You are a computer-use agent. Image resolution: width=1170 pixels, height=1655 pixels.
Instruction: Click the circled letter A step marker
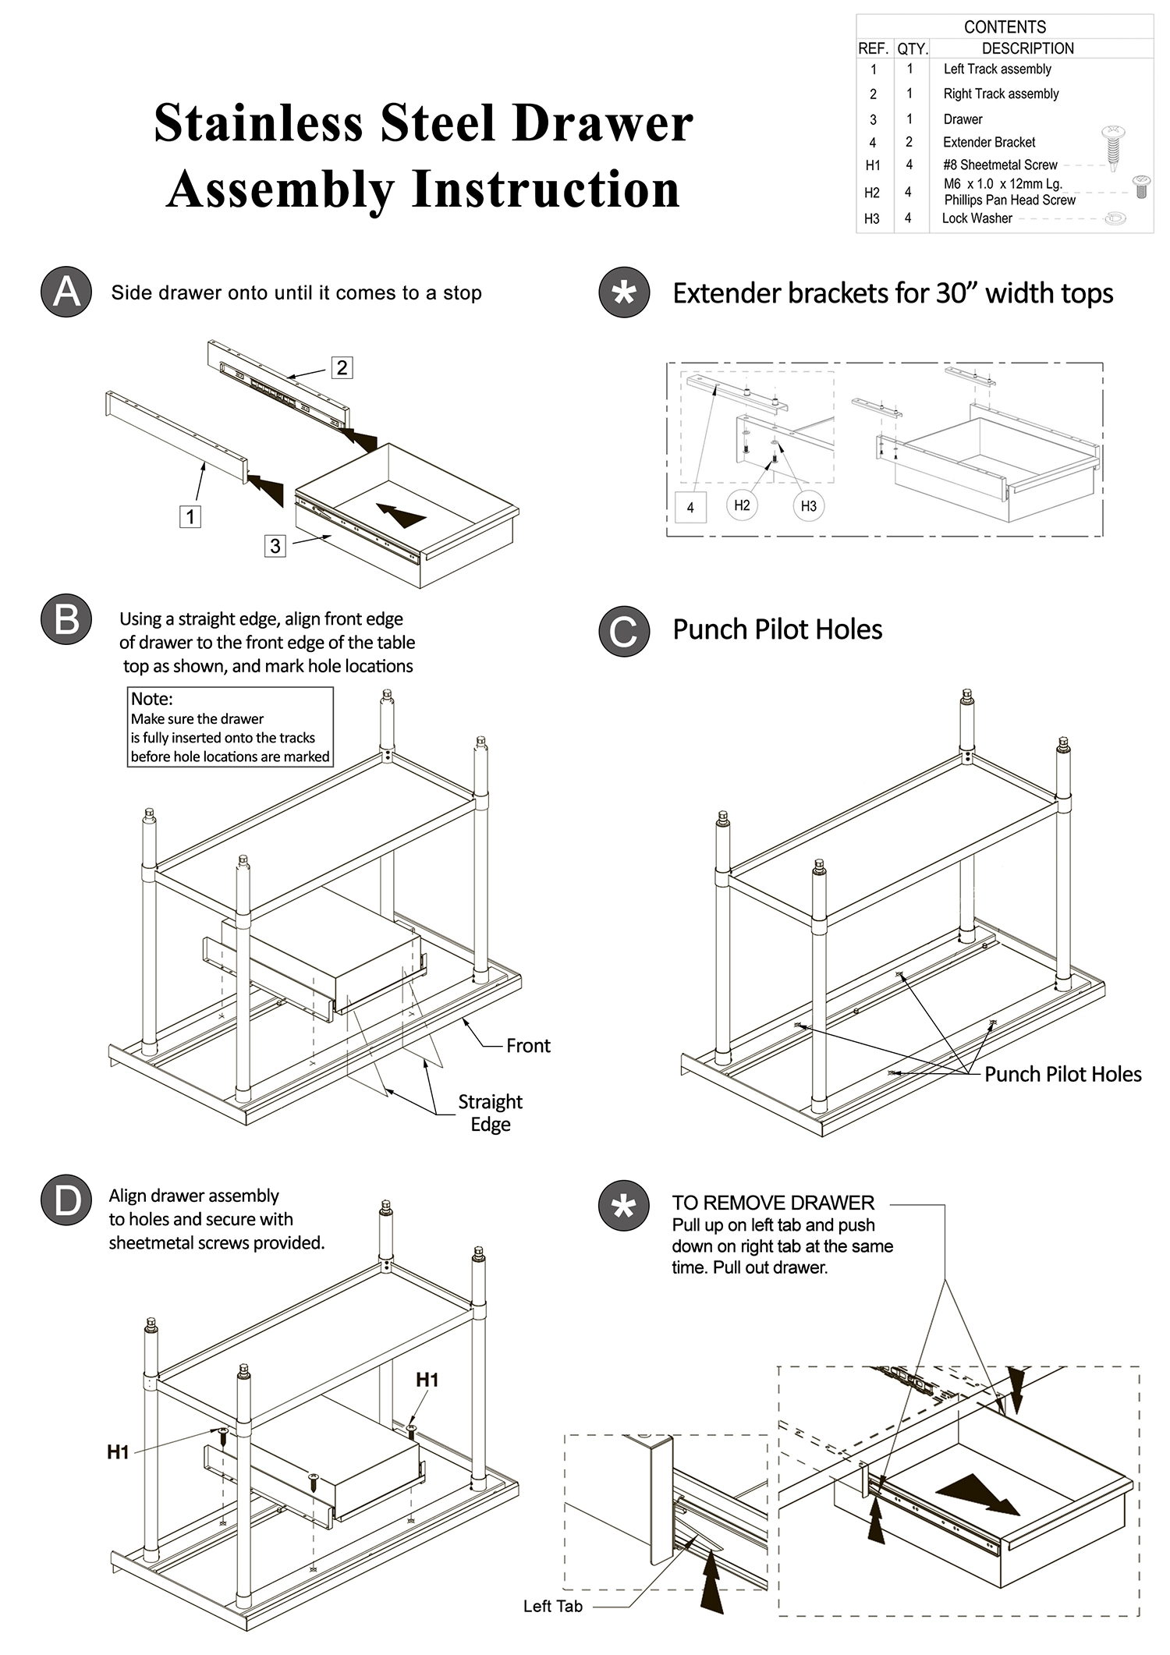tap(66, 292)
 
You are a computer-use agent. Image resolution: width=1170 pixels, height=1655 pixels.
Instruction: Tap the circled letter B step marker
tap(66, 620)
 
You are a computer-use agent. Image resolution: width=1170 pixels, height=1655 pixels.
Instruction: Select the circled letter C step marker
tap(624, 631)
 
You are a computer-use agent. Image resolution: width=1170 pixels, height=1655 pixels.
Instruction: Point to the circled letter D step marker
tap(66, 1200)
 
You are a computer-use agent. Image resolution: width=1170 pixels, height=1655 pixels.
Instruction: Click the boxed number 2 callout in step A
tap(342, 367)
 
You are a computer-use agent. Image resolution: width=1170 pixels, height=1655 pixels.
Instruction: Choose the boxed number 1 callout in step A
tap(190, 516)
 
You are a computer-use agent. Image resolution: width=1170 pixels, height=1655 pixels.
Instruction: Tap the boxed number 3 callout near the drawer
tap(275, 546)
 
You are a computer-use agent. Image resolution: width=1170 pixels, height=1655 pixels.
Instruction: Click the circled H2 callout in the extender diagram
tap(742, 505)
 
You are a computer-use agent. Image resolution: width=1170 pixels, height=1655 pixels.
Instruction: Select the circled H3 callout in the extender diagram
tap(809, 506)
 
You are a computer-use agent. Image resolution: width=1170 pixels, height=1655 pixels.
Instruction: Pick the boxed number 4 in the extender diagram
tap(690, 508)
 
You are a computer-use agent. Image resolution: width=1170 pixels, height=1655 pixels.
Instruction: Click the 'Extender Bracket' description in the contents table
tap(989, 143)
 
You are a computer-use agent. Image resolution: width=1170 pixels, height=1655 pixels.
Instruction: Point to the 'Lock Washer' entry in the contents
tap(977, 218)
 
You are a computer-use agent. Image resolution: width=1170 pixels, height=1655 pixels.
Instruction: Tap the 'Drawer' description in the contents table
tap(963, 119)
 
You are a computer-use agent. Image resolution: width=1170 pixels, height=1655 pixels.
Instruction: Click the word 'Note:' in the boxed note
tap(151, 699)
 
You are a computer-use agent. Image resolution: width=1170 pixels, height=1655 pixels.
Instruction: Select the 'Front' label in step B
tap(528, 1046)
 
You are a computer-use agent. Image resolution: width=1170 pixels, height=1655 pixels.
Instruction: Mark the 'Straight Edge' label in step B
tap(490, 1113)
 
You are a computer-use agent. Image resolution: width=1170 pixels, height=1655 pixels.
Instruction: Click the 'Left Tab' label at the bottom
tap(552, 1606)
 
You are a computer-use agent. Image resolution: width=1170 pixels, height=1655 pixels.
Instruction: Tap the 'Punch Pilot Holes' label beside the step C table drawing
tap(1062, 1075)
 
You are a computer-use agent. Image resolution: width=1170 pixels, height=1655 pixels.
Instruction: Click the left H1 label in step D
tap(118, 1451)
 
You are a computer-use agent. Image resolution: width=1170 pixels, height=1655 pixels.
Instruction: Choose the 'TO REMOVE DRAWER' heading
tap(773, 1203)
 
